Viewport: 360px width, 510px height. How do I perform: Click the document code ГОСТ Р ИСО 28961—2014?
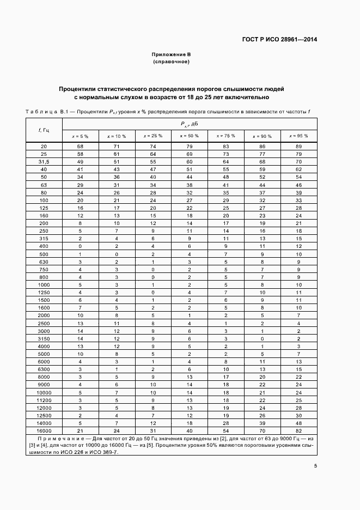[x=279, y=39]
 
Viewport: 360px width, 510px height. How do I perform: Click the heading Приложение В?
[x=171, y=55]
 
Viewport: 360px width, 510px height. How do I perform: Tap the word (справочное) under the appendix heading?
[x=171, y=62]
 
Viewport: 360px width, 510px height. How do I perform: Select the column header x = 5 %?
[x=80, y=136]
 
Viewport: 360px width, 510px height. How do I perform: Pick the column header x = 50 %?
[x=190, y=136]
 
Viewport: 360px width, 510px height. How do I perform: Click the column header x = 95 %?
[x=298, y=136]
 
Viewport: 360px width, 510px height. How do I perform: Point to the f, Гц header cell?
[x=44, y=130]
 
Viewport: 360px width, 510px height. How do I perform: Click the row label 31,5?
[x=44, y=162]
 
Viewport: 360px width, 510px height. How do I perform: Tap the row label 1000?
[x=44, y=284]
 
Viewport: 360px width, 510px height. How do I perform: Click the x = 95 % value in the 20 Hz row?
[x=298, y=147]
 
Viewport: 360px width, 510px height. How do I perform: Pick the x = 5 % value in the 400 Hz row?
[x=80, y=246]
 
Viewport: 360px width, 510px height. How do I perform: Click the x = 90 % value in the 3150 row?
[x=262, y=338]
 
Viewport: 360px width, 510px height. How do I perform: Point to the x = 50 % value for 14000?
[x=190, y=423]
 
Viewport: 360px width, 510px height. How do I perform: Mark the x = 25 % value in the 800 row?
[x=153, y=277]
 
